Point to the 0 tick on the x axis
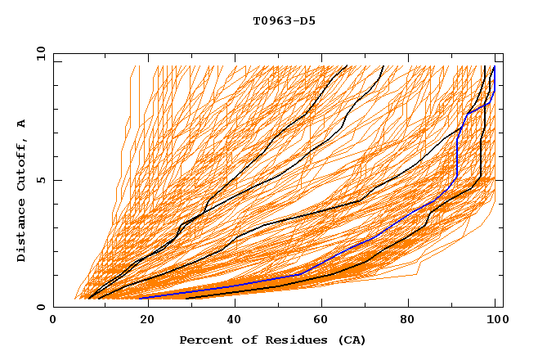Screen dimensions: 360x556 click(x=53, y=321)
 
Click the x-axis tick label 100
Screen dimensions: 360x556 click(x=495, y=321)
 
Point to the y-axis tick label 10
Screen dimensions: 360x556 click(x=39, y=52)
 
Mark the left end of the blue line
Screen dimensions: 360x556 click(x=140, y=298)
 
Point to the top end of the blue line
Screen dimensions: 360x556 click(x=494, y=67)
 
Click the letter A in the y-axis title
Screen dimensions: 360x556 click(x=22, y=124)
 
